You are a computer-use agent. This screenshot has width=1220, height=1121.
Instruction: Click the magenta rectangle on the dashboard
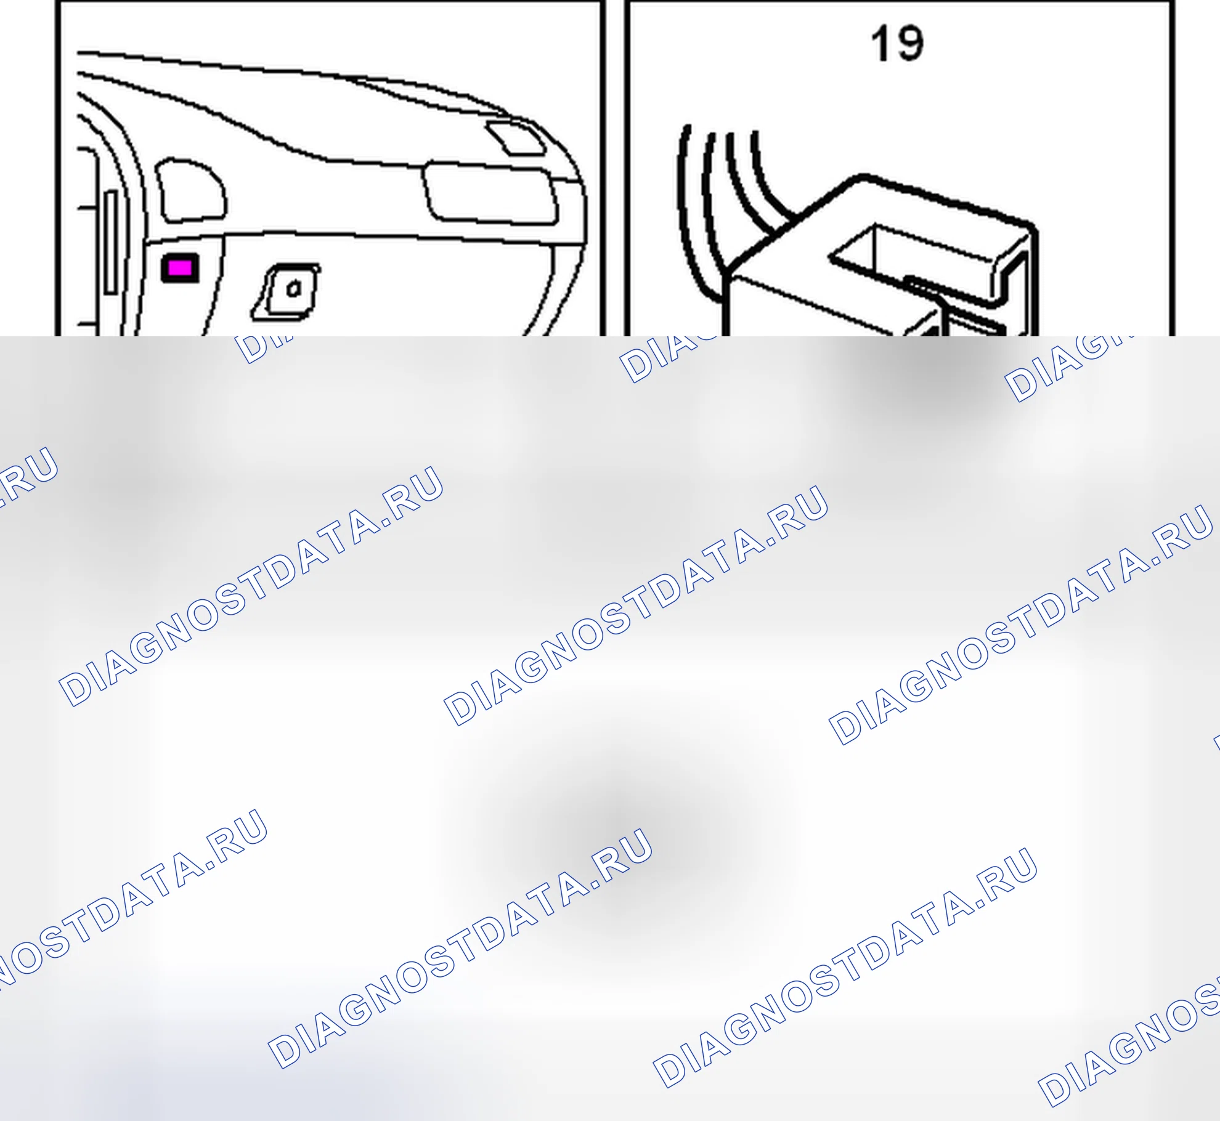pyautogui.click(x=180, y=268)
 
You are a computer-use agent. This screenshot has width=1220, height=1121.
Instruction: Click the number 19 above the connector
pyautogui.click(x=897, y=44)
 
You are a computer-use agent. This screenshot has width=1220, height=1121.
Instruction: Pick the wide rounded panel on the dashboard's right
pyautogui.click(x=490, y=193)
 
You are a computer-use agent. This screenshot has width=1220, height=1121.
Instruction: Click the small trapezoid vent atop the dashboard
pyautogui.click(x=515, y=139)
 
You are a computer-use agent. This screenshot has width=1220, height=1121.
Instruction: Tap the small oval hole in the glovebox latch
pyautogui.click(x=294, y=288)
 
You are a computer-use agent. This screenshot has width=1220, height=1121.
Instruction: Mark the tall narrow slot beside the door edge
pyautogui.click(x=111, y=241)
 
